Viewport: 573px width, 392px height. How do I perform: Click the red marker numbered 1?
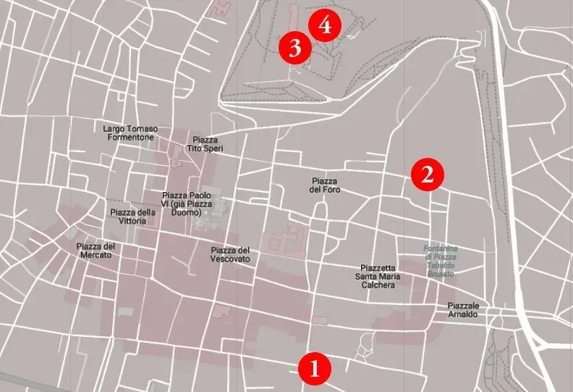(315, 368)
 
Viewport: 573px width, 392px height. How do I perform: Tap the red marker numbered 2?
(427, 174)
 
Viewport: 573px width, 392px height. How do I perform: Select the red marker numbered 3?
(295, 49)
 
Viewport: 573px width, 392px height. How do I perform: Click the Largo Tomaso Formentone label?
(131, 132)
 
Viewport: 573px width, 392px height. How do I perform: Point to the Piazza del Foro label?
(325, 185)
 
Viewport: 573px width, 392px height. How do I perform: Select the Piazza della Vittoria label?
(133, 217)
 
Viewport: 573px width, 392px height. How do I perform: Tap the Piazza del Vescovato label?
(231, 254)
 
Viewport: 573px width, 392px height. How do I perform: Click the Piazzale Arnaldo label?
(463, 309)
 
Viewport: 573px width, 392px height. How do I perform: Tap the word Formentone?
(131, 136)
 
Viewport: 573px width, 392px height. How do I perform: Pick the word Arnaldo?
(463, 314)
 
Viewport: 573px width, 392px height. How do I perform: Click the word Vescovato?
(231, 259)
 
